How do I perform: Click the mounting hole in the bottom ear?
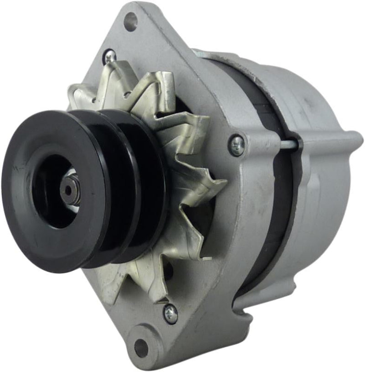[x=141, y=348]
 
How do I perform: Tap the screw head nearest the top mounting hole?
[x=109, y=57]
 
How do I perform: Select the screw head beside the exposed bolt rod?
[x=237, y=145]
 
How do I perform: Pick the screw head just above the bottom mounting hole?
[x=171, y=314]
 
